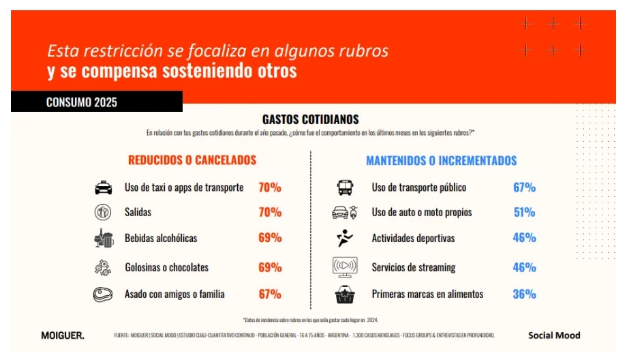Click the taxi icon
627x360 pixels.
(103, 187)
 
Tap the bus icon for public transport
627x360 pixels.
(345, 187)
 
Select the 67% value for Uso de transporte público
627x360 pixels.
(524, 187)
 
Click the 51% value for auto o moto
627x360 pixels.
(524, 212)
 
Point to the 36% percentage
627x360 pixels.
(524, 295)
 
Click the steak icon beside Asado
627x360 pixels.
(103, 295)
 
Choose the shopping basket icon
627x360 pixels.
(345, 295)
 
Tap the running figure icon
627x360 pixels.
(345, 238)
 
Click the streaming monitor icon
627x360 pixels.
(345, 267)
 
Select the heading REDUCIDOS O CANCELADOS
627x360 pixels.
(192, 160)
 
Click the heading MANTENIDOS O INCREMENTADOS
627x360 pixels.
(442, 162)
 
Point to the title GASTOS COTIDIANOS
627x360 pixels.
(311, 120)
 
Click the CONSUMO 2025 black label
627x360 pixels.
(82, 102)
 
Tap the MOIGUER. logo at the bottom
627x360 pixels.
(62, 335)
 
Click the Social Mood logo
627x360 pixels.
(554, 335)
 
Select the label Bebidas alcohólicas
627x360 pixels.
(161, 238)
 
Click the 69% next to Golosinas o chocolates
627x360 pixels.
(270, 267)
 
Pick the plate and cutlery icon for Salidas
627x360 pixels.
(103, 212)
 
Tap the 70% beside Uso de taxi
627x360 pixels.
(270, 187)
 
